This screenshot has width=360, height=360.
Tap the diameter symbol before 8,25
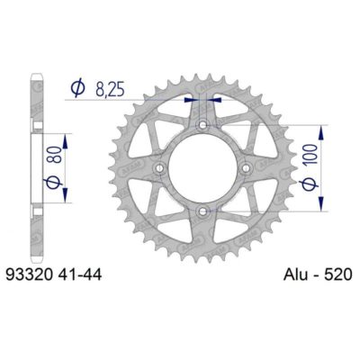click(x=76, y=87)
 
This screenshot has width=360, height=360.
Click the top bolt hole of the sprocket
click(x=203, y=125)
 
